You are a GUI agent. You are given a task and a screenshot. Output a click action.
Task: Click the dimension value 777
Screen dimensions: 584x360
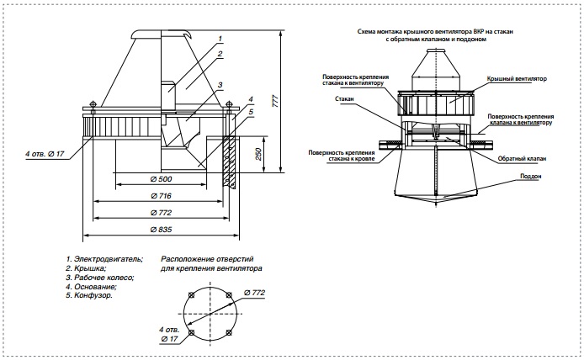pyautogui.click(x=275, y=101)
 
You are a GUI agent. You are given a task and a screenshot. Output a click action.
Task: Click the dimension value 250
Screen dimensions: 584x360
pyautogui.click(x=258, y=154)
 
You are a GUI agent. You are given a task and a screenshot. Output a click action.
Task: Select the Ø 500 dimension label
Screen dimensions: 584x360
pyautogui.click(x=162, y=179)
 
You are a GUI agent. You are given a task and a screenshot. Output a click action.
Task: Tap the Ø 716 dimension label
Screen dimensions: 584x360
pyautogui.click(x=161, y=196)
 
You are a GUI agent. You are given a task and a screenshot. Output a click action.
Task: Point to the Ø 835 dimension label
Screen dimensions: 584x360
pyautogui.click(x=162, y=230)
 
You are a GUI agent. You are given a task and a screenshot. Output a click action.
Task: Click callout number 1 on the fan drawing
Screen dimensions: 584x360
pyautogui.click(x=220, y=39)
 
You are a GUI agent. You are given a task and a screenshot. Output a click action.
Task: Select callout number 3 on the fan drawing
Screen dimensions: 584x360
pyautogui.click(x=220, y=85)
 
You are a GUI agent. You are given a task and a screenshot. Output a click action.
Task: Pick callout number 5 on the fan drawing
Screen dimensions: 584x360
pyautogui.click(x=251, y=111)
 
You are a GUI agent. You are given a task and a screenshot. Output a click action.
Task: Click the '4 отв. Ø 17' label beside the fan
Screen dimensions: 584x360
pyautogui.click(x=45, y=153)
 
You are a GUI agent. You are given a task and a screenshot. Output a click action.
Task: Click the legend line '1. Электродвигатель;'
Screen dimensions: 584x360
pyautogui.click(x=104, y=259)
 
